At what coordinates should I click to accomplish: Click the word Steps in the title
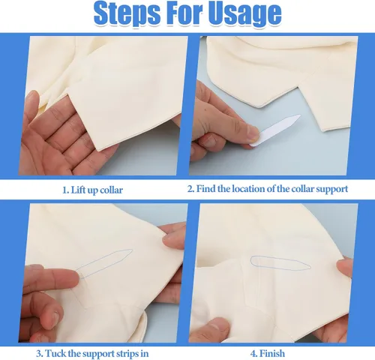point(127,13)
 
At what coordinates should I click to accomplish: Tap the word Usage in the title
point(245,13)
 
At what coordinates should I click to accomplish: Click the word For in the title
point(184,13)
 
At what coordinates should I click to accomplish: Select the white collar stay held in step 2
point(275,130)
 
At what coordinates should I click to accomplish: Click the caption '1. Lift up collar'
point(92,190)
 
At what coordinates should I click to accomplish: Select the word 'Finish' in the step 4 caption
point(272,353)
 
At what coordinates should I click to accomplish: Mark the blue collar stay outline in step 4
point(280,263)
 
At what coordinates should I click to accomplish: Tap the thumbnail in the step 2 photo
point(253,133)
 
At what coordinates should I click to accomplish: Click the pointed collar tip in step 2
point(260,106)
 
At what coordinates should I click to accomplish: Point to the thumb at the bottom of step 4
point(212,330)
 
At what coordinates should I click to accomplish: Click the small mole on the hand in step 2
point(205,109)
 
